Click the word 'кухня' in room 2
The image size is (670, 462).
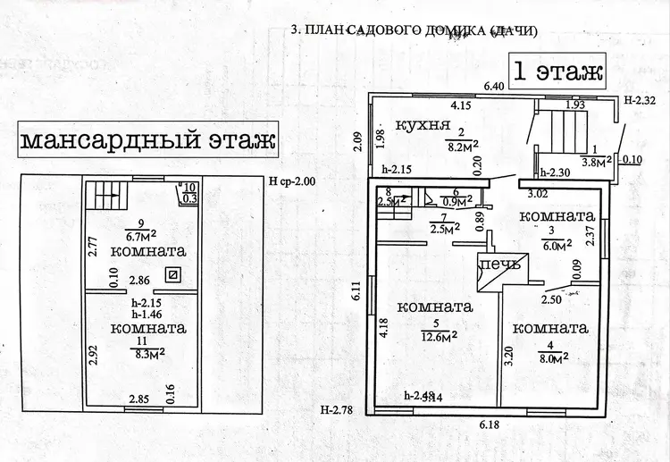pos(422,125)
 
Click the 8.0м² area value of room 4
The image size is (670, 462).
pos(555,359)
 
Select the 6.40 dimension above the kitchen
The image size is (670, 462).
pos(494,87)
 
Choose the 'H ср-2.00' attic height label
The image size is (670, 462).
pos(291,181)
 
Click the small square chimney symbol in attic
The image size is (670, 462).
pos(174,275)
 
